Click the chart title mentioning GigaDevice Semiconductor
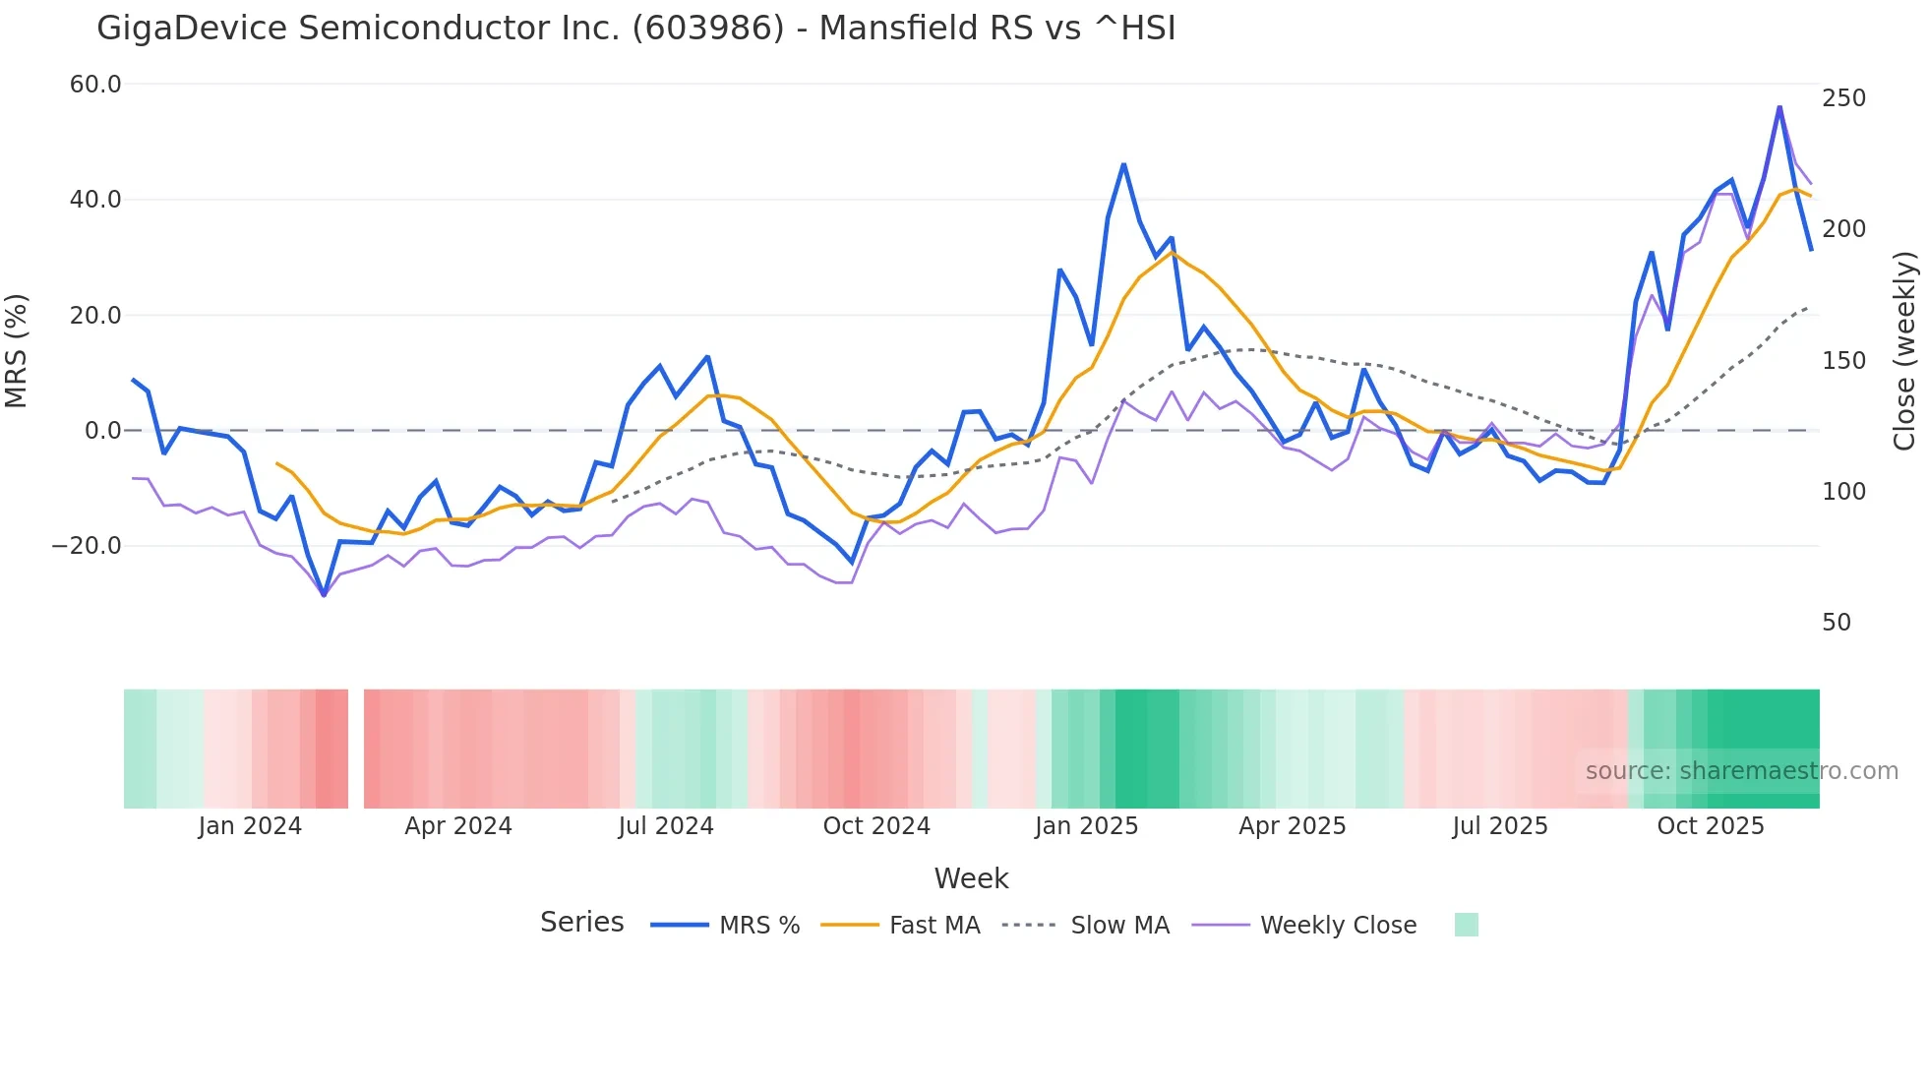pos(635,29)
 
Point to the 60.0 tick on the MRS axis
pos(95,85)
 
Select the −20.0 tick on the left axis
pos(88,546)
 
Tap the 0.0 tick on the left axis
pos(102,431)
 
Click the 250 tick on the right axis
pos(1843,98)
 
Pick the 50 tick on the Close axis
pos(1837,623)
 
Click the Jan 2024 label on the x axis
pos(250,826)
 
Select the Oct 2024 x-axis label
pos(876,826)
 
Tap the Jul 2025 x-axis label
pos(1500,826)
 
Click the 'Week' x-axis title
pos(971,878)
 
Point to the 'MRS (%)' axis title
pos(17,351)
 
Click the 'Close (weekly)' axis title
pos(1904,351)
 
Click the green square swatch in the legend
pos(1466,925)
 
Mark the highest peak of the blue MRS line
pos(1779,107)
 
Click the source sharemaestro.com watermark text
pos(1741,771)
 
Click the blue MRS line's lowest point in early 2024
pos(324,595)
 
